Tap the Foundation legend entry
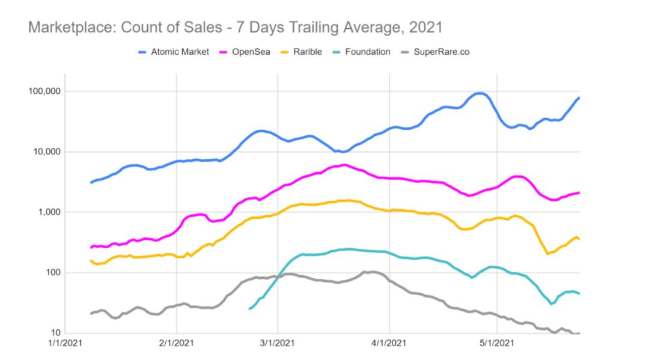click(368, 52)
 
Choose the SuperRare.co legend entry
click(441, 52)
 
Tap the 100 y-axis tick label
click(53, 273)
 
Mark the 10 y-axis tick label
click(56, 333)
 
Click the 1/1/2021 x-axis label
click(64, 345)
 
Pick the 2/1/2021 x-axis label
click(176, 345)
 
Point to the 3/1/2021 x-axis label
click(278, 345)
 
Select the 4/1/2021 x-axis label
click(389, 345)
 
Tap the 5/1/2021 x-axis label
click(497, 345)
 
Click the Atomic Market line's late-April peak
click(479, 93)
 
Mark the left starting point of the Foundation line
click(249, 308)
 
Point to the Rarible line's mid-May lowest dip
click(547, 254)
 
